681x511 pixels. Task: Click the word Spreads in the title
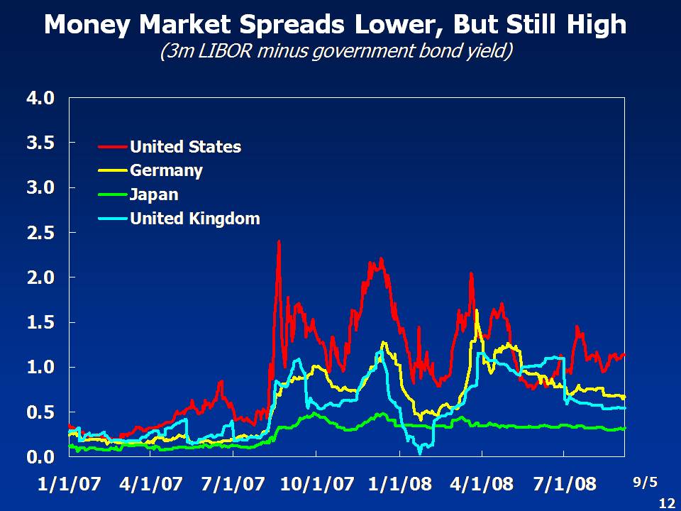pyautogui.click(x=282, y=26)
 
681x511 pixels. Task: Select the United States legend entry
pyautogui.click(x=185, y=147)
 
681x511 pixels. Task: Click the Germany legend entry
pyautogui.click(x=166, y=170)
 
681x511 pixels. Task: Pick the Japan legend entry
pyautogui.click(x=154, y=194)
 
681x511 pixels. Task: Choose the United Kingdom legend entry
pyautogui.click(x=194, y=218)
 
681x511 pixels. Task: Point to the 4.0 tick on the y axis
pyautogui.click(x=40, y=98)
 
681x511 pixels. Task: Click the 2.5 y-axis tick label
pyautogui.click(x=40, y=233)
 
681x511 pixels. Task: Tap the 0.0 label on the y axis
pyautogui.click(x=40, y=456)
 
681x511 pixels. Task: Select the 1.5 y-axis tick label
pyautogui.click(x=40, y=322)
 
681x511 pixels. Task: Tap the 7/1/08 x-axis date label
pyautogui.click(x=565, y=484)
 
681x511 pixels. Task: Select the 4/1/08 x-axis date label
pyautogui.click(x=482, y=484)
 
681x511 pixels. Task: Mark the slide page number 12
pyautogui.click(x=666, y=502)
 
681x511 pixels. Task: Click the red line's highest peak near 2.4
pyautogui.click(x=279, y=241)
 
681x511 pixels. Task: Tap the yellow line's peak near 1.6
pyautogui.click(x=476, y=311)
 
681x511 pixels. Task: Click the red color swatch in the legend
pyautogui.click(x=112, y=147)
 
